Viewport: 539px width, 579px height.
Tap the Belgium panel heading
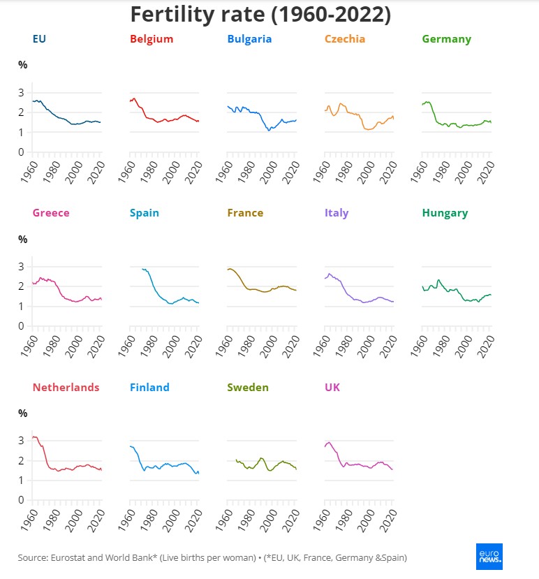coord(151,39)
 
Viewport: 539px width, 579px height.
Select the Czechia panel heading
coord(345,39)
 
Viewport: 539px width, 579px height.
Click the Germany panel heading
coord(447,39)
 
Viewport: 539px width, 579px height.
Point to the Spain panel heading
coord(145,213)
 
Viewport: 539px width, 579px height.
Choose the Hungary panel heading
coord(445,213)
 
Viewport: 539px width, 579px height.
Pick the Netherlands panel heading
coord(66,387)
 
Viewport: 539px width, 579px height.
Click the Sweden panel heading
coord(249,387)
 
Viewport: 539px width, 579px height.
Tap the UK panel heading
coord(333,387)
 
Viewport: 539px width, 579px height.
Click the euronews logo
coord(489,557)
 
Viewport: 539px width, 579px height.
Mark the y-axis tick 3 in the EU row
coord(22,92)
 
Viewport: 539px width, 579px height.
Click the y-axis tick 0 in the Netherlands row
coord(22,500)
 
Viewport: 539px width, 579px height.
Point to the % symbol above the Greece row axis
coord(22,240)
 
